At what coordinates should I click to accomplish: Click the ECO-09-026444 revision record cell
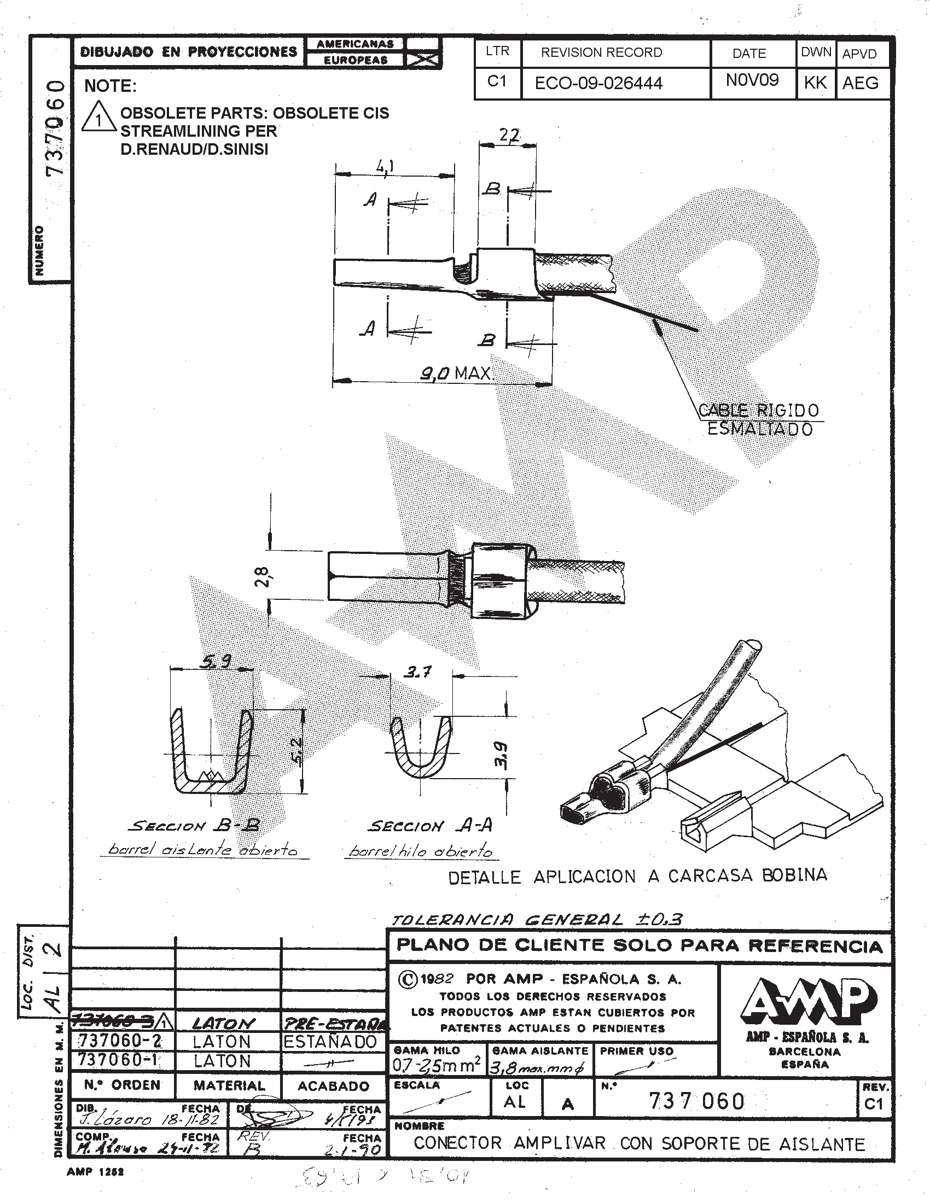coord(598,83)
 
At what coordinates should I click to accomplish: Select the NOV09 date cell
coord(753,80)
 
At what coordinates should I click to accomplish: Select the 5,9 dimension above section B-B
coord(216,661)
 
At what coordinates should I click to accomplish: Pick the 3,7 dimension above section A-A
coord(418,672)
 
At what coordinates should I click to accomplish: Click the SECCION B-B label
coord(194,825)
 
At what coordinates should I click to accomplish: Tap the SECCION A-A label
coord(430,826)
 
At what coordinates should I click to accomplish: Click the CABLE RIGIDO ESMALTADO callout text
coord(759,419)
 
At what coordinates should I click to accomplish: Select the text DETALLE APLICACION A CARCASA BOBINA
coord(637,877)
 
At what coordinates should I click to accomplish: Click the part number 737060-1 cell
coord(119,1060)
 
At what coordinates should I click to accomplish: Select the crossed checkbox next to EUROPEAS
coord(422,60)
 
